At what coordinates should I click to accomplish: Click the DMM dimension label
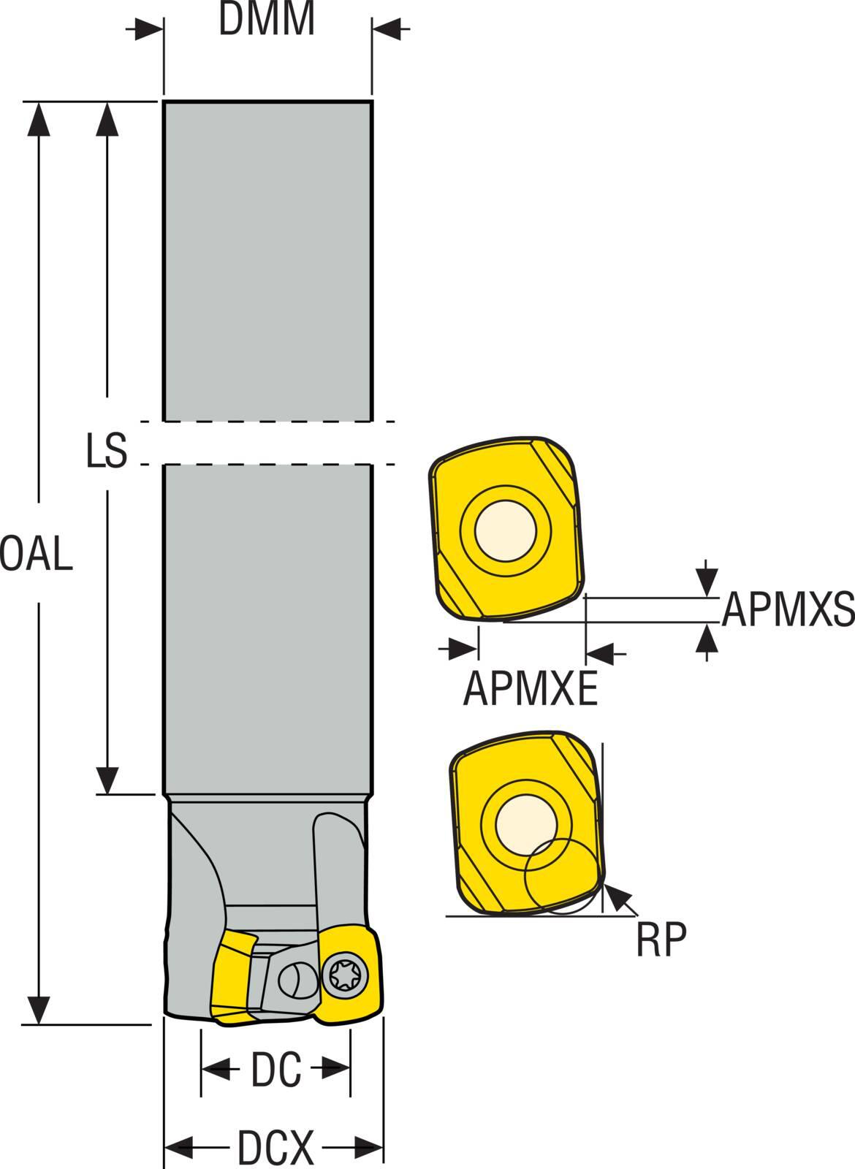tap(267, 20)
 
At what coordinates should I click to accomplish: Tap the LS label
tap(107, 451)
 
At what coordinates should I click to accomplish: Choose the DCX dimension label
tap(275, 1148)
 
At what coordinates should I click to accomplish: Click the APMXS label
tap(788, 610)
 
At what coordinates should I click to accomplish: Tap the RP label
tap(661, 941)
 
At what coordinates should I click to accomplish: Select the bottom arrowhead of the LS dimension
tap(107, 779)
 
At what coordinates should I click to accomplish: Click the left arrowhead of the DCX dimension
tap(179, 1148)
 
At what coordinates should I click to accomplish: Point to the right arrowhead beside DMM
tap(387, 29)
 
